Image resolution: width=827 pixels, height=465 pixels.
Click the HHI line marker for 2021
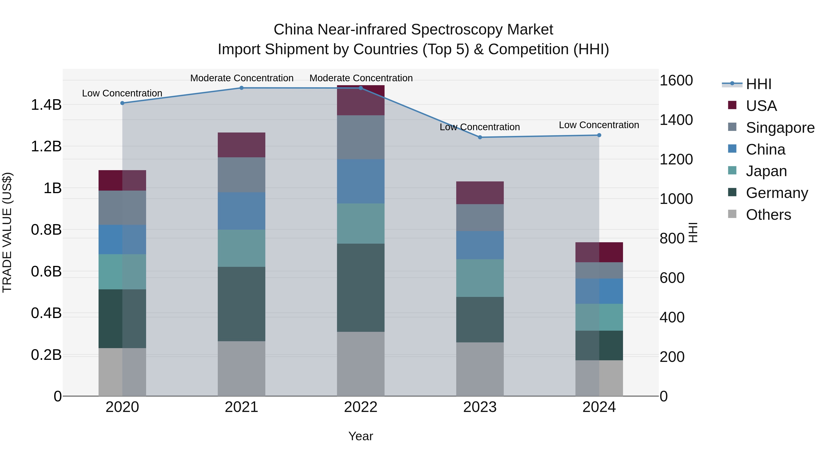(241, 88)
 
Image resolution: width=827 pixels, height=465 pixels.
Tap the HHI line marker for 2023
(480, 137)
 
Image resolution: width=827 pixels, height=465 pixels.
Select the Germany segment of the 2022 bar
(360, 287)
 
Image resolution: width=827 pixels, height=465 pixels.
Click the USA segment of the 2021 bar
(241, 145)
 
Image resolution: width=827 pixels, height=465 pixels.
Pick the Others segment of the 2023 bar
(480, 369)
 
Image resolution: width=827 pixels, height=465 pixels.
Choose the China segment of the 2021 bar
(241, 211)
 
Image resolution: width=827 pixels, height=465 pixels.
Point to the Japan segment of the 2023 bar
(480, 278)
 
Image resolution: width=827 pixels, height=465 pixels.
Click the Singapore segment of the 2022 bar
(360, 137)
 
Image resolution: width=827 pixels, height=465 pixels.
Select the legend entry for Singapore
(780, 127)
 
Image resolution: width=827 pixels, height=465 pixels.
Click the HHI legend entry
(758, 84)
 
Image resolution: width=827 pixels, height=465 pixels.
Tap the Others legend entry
(768, 214)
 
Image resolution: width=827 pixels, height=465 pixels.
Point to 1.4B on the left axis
(46, 105)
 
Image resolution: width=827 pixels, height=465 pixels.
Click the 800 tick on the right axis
(672, 238)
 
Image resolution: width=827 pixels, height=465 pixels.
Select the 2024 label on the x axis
(599, 407)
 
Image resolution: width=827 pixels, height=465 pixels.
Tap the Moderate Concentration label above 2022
(361, 78)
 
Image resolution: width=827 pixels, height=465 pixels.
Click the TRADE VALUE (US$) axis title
(7, 232)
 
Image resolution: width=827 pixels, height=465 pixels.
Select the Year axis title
(360, 436)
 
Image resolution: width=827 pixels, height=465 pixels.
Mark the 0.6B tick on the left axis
(46, 271)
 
